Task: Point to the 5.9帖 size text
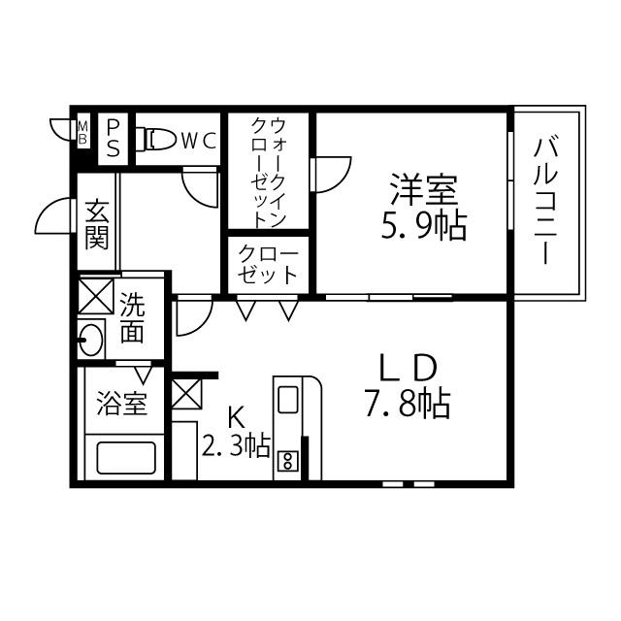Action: tap(423, 225)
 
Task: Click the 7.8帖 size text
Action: tap(408, 403)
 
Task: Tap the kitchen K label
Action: tap(235, 417)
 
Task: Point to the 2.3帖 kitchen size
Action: tap(236, 445)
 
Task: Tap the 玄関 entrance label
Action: tap(96, 224)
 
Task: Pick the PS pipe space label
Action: tap(114, 137)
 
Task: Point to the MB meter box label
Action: tap(82, 132)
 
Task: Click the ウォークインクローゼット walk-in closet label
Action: tap(269, 172)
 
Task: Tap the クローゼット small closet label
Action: tap(268, 263)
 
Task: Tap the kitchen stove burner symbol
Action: tap(288, 461)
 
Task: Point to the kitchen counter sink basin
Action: tap(288, 400)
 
